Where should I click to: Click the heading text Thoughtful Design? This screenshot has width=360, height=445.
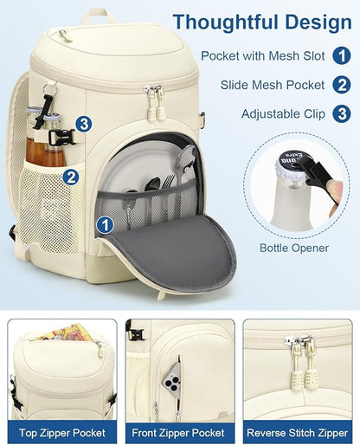coord(262,23)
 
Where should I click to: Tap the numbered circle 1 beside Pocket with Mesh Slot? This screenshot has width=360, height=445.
coord(342,55)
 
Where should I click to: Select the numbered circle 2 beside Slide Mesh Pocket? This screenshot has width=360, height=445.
coord(342,85)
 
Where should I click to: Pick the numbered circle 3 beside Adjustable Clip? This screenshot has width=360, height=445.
coord(342,113)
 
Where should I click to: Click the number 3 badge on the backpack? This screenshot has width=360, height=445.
coord(84,125)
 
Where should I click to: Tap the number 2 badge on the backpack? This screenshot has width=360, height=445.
coord(71,177)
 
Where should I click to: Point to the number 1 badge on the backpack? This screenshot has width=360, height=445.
coord(105,225)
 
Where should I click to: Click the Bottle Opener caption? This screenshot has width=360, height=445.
coord(294,248)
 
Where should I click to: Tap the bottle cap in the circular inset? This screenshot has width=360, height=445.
coord(292,164)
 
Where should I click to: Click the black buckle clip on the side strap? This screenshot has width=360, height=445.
coord(61,137)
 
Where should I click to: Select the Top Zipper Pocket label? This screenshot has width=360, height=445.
coord(62,433)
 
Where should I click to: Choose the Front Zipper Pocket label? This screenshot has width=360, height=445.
coord(178,433)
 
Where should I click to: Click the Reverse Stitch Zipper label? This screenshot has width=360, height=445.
coord(298,433)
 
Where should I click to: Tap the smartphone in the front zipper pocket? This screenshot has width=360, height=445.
coord(172,377)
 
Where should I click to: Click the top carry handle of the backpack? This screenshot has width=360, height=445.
coord(98,16)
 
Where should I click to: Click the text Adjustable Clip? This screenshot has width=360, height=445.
coord(283,114)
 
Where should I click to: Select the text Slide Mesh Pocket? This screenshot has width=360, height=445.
coord(273,85)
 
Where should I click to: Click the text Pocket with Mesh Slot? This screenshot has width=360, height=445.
coord(263,55)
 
